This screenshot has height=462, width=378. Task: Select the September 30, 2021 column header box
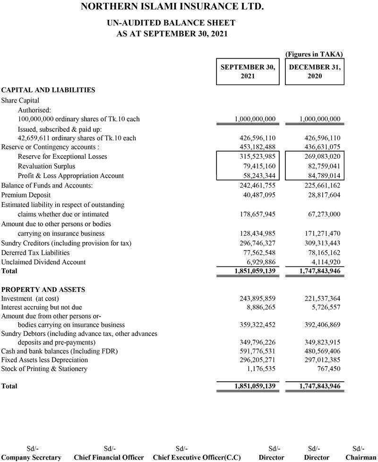248,71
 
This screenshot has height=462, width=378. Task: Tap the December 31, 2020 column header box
315,71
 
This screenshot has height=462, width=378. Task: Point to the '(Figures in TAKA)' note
314,54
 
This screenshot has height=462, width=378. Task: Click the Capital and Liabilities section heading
48,90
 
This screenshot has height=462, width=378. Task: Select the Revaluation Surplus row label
46,166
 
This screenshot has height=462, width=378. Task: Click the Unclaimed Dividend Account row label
43,262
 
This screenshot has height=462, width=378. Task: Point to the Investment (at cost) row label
30,298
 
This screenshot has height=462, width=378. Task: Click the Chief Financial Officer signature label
109,457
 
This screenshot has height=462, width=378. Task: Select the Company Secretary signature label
31,457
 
